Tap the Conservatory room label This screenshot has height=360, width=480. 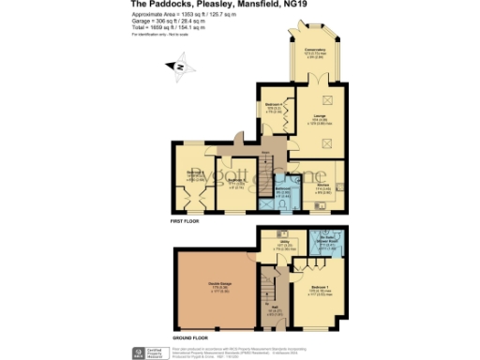point(314,52)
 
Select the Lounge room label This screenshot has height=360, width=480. point(315,119)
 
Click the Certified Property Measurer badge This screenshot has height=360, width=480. point(142,352)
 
